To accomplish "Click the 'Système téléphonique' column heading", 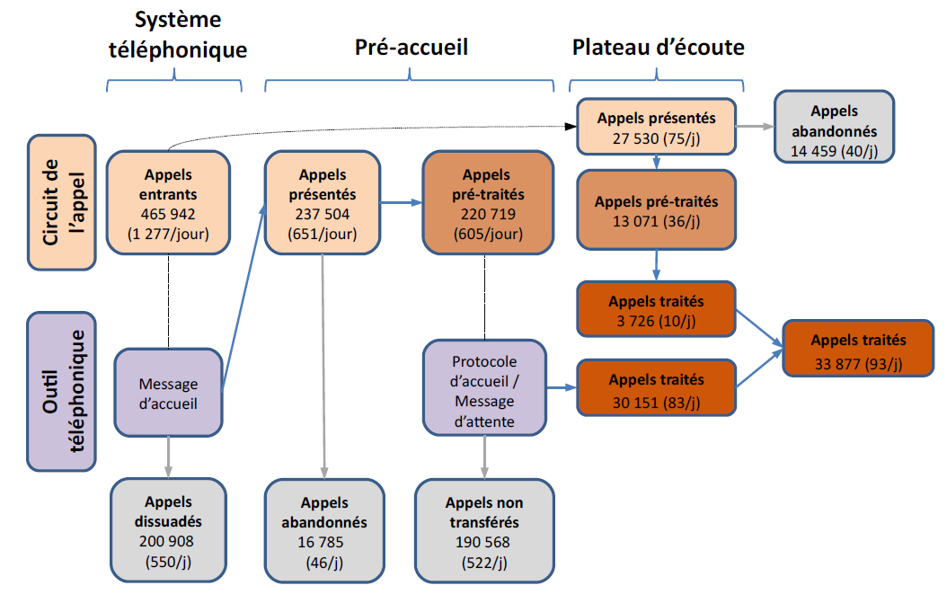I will click(177, 35).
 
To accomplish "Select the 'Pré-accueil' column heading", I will click(412, 47).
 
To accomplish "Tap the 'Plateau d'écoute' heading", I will click(659, 47).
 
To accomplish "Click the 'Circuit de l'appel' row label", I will click(62, 202).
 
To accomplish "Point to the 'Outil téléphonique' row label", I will click(62, 387).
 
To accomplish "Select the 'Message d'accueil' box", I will click(168, 394).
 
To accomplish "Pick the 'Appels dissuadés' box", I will click(169, 530).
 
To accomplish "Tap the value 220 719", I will click(485, 214).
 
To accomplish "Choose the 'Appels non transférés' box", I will click(484, 530).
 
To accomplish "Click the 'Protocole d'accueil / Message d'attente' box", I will click(484, 388).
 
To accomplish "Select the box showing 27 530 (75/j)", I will click(656, 126).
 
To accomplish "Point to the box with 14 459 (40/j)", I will click(834, 126).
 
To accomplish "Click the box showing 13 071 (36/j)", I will click(656, 211).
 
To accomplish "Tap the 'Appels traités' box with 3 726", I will click(656, 310).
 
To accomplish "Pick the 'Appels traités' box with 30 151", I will click(656, 388).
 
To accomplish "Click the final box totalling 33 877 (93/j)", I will click(858, 349).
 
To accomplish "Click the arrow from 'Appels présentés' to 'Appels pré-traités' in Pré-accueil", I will click(401, 203).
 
